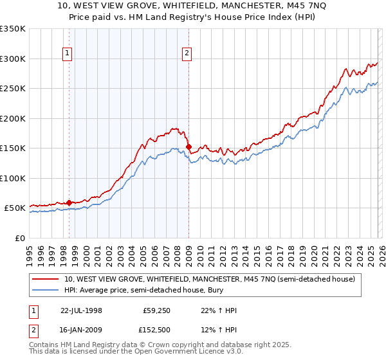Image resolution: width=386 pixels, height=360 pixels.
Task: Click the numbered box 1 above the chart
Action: click(69, 53)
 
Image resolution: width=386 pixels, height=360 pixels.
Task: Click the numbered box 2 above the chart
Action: click(187, 53)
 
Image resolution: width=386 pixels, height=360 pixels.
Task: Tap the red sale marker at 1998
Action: click(69, 203)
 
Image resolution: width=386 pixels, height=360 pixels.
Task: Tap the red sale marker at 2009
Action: click(188, 147)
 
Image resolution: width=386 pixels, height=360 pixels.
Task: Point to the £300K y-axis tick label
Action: click(13, 59)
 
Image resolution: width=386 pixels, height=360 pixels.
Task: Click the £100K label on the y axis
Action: click(13, 178)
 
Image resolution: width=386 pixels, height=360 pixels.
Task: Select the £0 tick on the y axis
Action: click(20, 238)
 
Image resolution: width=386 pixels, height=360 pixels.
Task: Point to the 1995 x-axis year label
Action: click(29, 251)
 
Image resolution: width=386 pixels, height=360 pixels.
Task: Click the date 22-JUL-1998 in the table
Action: click(81, 310)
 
